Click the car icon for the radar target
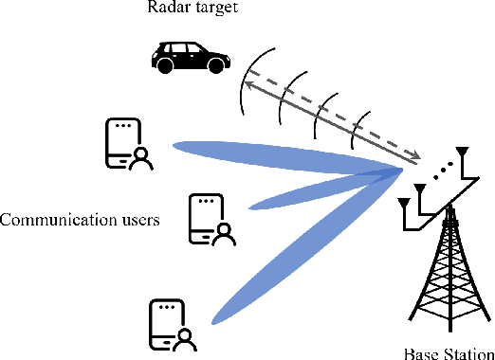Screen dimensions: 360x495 click(x=192, y=57)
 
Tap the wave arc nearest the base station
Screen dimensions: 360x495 click(x=357, y=129)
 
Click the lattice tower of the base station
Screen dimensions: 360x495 click(x=446, y=275)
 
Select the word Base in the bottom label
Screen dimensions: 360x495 click(x=420, y=352)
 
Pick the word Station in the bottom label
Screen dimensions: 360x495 click(x=466, y=352)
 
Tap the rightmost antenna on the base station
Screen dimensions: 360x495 click(x=464, y=157)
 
